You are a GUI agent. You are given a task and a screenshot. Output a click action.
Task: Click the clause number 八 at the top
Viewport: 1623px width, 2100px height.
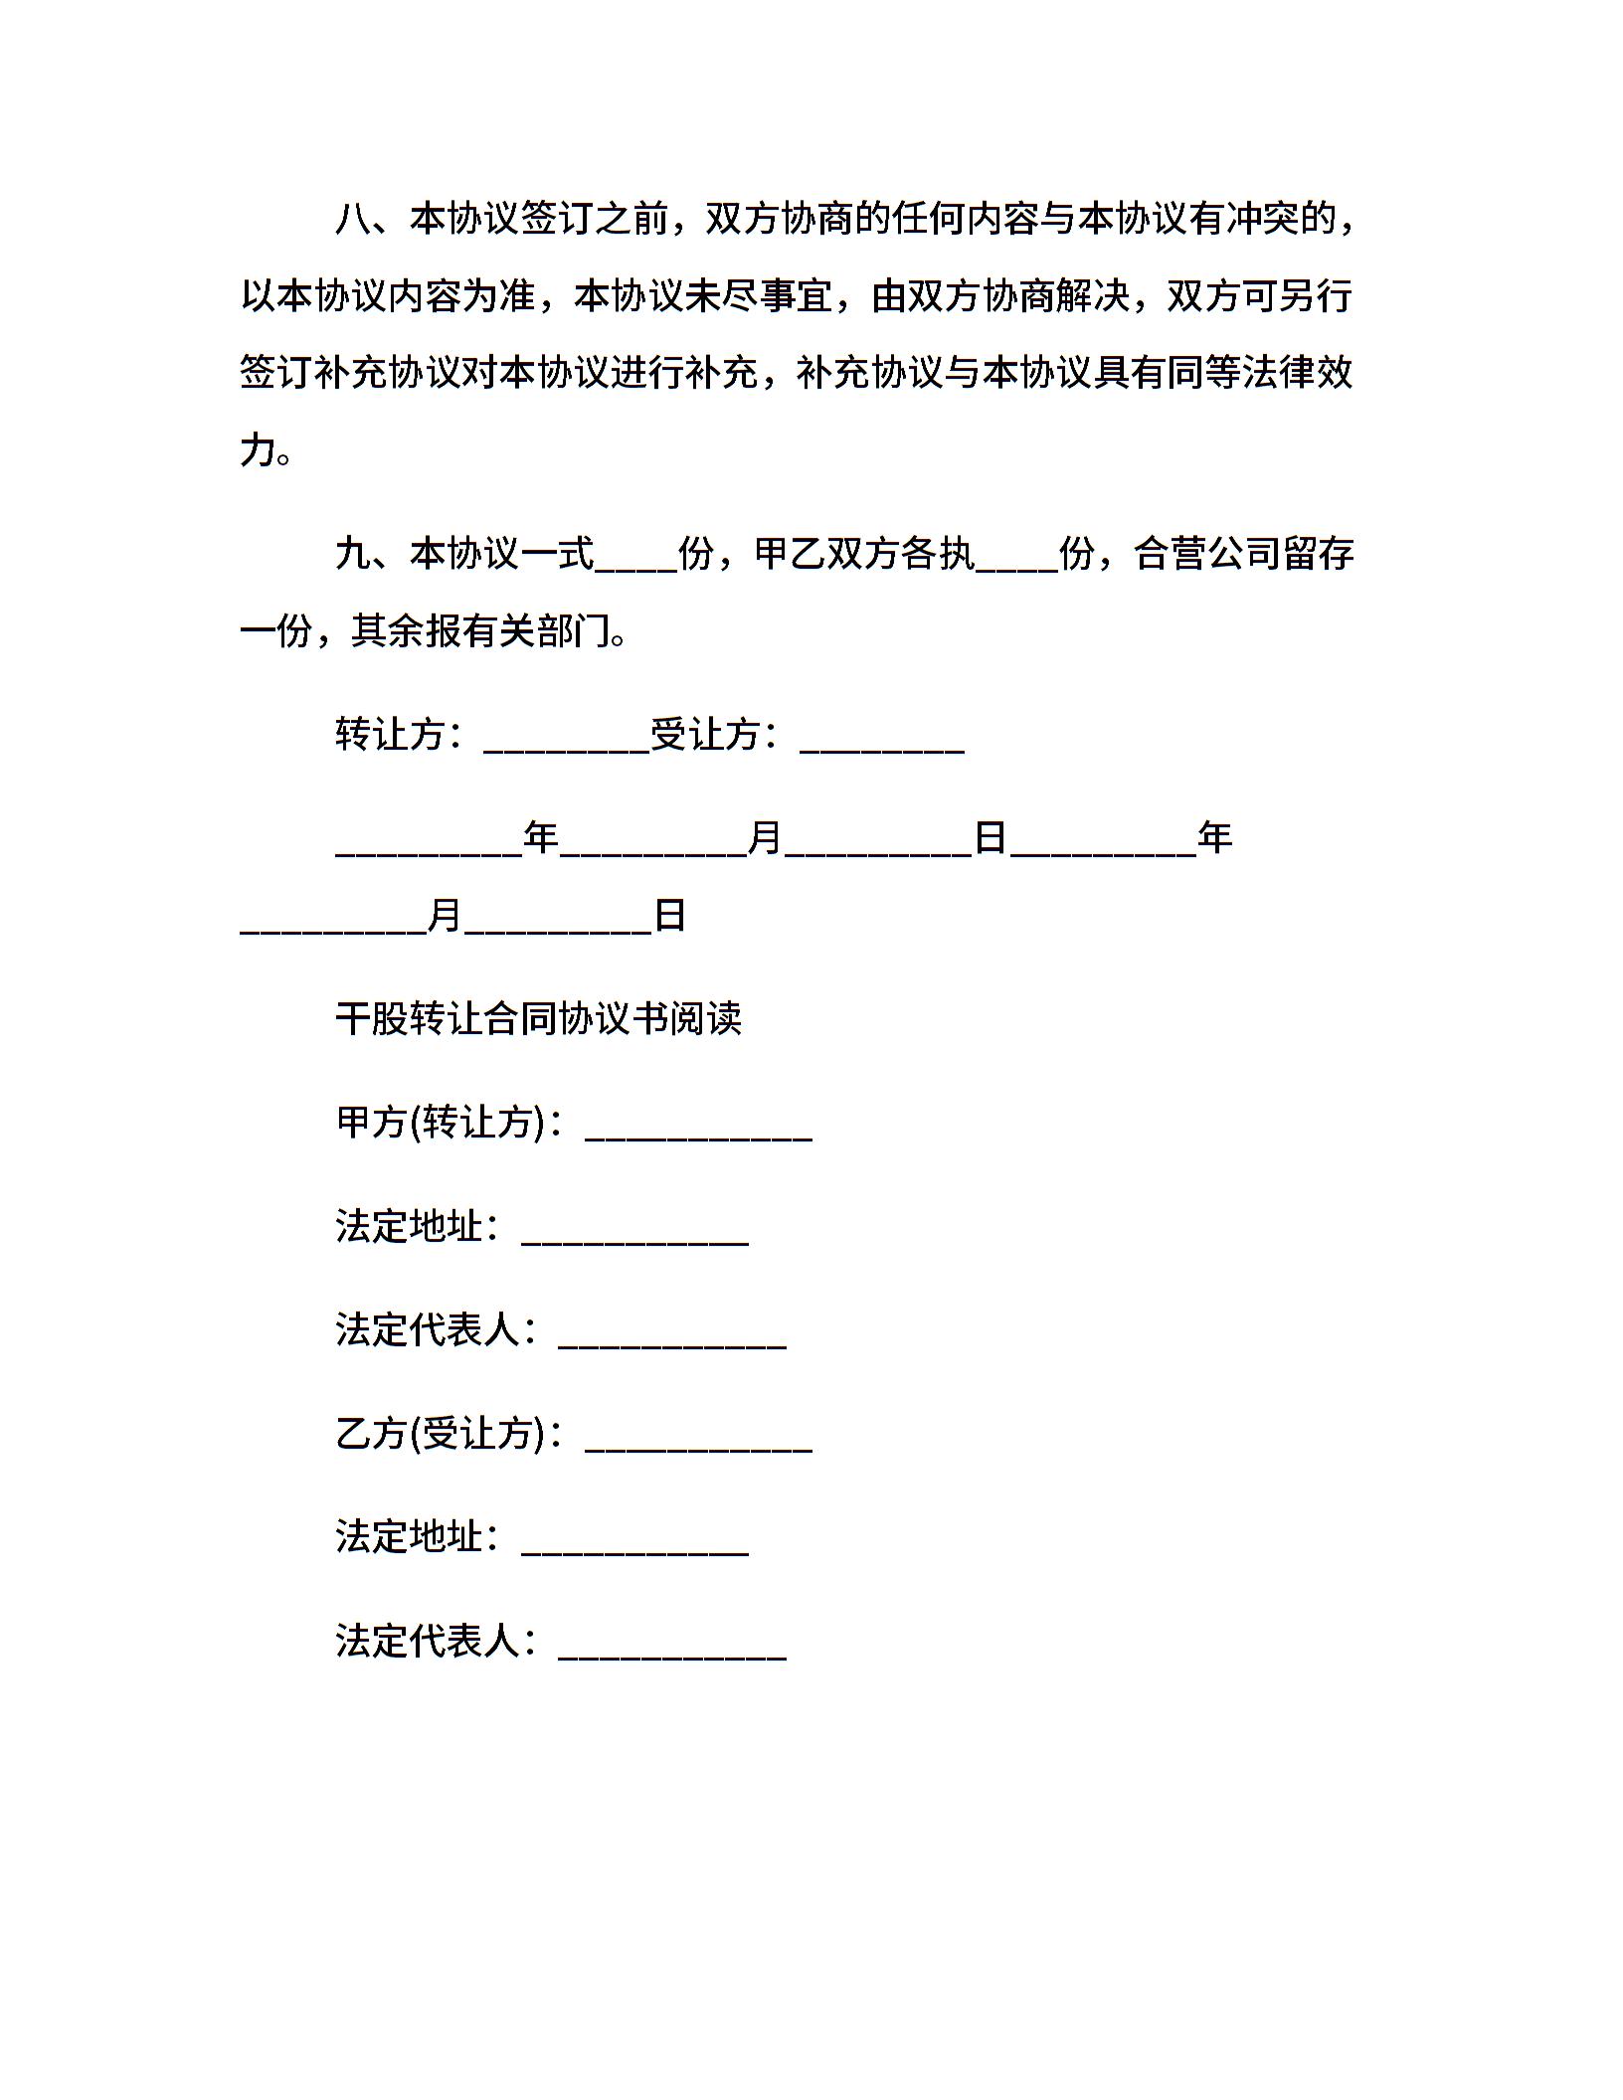[353, 219]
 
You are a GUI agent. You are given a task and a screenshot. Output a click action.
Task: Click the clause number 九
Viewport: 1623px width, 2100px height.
[353, 553]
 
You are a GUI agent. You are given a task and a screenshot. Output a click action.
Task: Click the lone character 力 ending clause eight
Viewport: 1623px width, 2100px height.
[258, 449]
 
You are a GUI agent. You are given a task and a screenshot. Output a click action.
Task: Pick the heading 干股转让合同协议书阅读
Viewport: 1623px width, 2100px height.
[538, 1019]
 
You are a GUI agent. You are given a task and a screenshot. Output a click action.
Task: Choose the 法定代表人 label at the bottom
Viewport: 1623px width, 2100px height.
[428, 1641]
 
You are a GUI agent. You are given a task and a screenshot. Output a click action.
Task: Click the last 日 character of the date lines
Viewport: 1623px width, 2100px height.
[670, 915]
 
